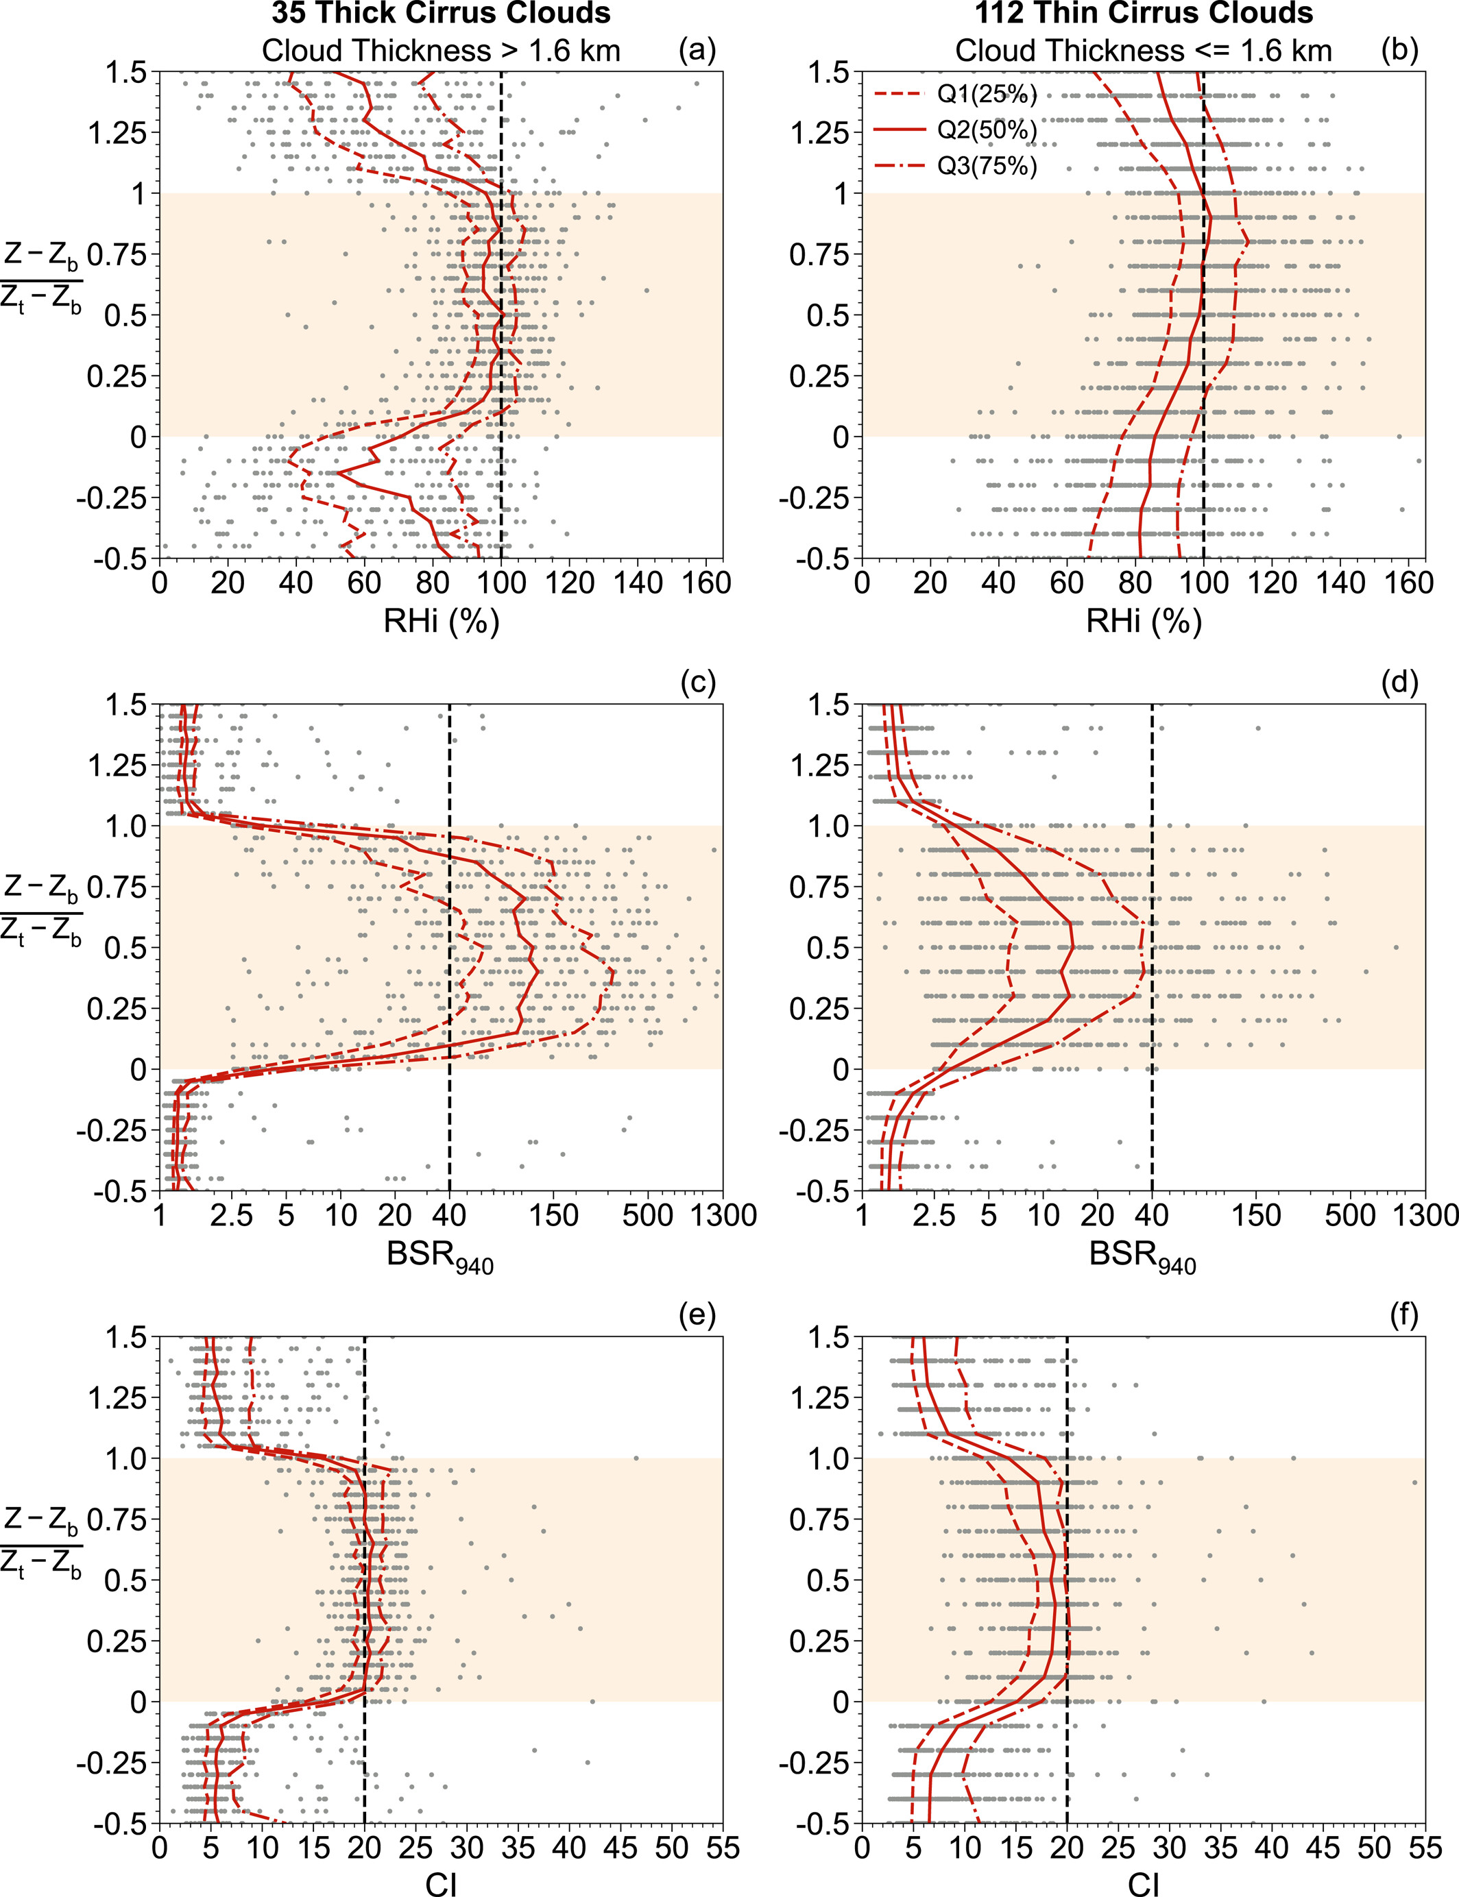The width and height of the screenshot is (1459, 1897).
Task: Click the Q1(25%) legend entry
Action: click(x=987, y=94)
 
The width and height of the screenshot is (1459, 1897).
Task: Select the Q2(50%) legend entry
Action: click(x=987, y=130)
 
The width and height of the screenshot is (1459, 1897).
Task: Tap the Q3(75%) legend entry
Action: click(x=987, y=165)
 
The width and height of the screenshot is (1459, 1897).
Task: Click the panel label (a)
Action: click(x=697, y=50)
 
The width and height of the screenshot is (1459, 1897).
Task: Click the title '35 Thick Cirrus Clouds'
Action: click(x=441, y=14)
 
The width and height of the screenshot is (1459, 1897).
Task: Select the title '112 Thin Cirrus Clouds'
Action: click(x=1144, y=14)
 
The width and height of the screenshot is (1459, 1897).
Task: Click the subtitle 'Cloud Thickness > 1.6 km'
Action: click(x=441, y=50)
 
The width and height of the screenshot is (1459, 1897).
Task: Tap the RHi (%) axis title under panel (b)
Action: click(x=1144, y=621)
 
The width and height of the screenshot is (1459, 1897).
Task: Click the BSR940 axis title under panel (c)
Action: click(x=441, y=1256)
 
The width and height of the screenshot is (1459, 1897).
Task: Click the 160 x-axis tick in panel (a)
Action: click(x=707, y=583)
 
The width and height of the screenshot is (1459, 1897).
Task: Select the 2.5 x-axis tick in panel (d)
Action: click(x=935, y=1216)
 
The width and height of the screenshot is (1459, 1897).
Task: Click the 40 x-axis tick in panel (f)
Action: click(x=1271, y=1847)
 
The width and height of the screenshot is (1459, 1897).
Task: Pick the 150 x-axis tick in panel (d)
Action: click(x=1257, y=1216)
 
